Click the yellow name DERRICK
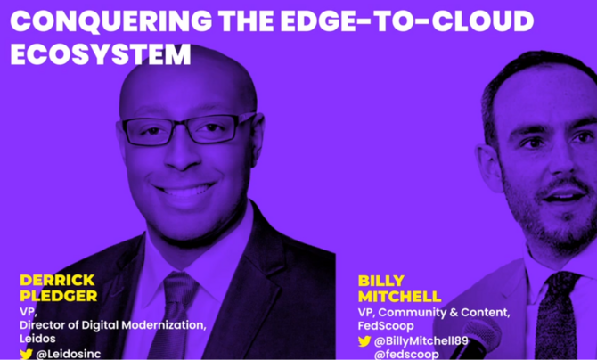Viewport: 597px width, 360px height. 57,280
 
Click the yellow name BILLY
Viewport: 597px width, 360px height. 381,281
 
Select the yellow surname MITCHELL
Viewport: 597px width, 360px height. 399,296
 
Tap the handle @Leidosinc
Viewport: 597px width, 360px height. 70,354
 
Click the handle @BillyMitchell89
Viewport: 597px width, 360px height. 421,341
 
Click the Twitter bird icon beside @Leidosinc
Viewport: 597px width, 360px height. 27,354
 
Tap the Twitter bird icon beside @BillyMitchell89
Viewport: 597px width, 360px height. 364,341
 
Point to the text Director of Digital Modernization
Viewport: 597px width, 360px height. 112,325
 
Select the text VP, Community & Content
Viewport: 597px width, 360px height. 434,312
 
